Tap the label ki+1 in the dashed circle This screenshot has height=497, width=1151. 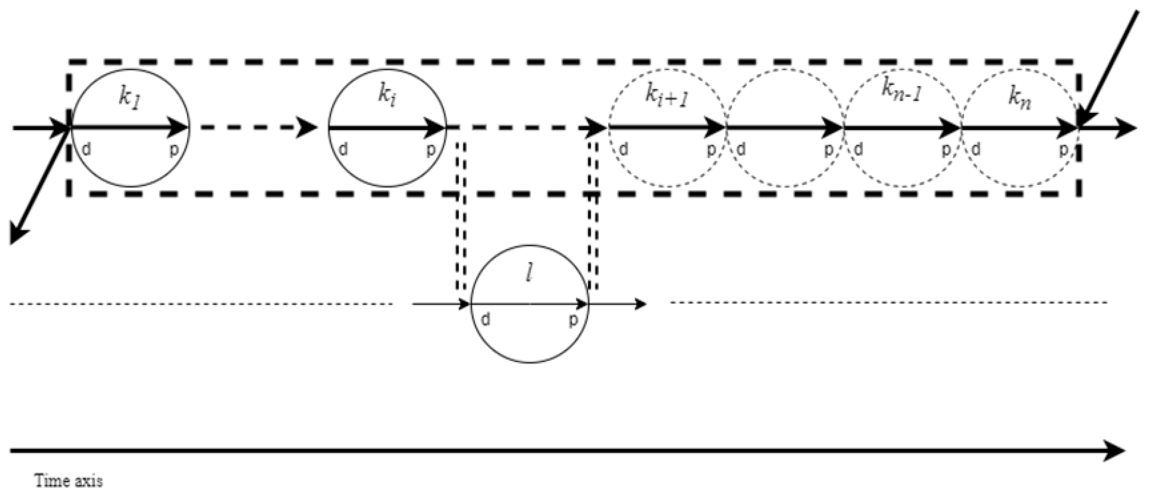[666, 96]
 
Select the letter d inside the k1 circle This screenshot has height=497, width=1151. [87, 150]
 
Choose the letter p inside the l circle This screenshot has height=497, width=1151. [573, 320]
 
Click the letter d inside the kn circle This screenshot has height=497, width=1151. [977, 150]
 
